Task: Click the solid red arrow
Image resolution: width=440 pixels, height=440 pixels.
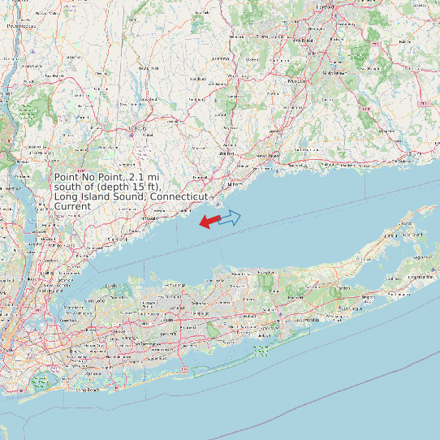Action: click(209, 221)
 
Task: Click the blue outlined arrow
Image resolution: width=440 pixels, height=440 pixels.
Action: click(231, 217)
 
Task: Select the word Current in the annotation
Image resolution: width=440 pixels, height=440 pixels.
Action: click(72, 207)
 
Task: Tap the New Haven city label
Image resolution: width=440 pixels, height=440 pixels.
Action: click(269, 155)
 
